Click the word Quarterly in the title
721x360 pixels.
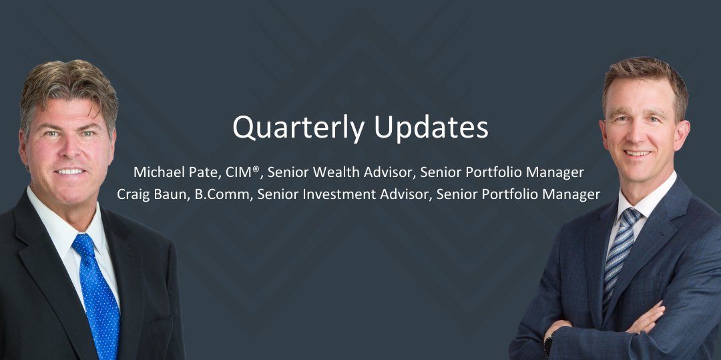(299, 128)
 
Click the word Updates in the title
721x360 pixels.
(431, 128)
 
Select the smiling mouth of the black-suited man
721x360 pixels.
(70, 172)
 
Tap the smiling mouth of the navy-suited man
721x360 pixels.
(638, 154)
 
